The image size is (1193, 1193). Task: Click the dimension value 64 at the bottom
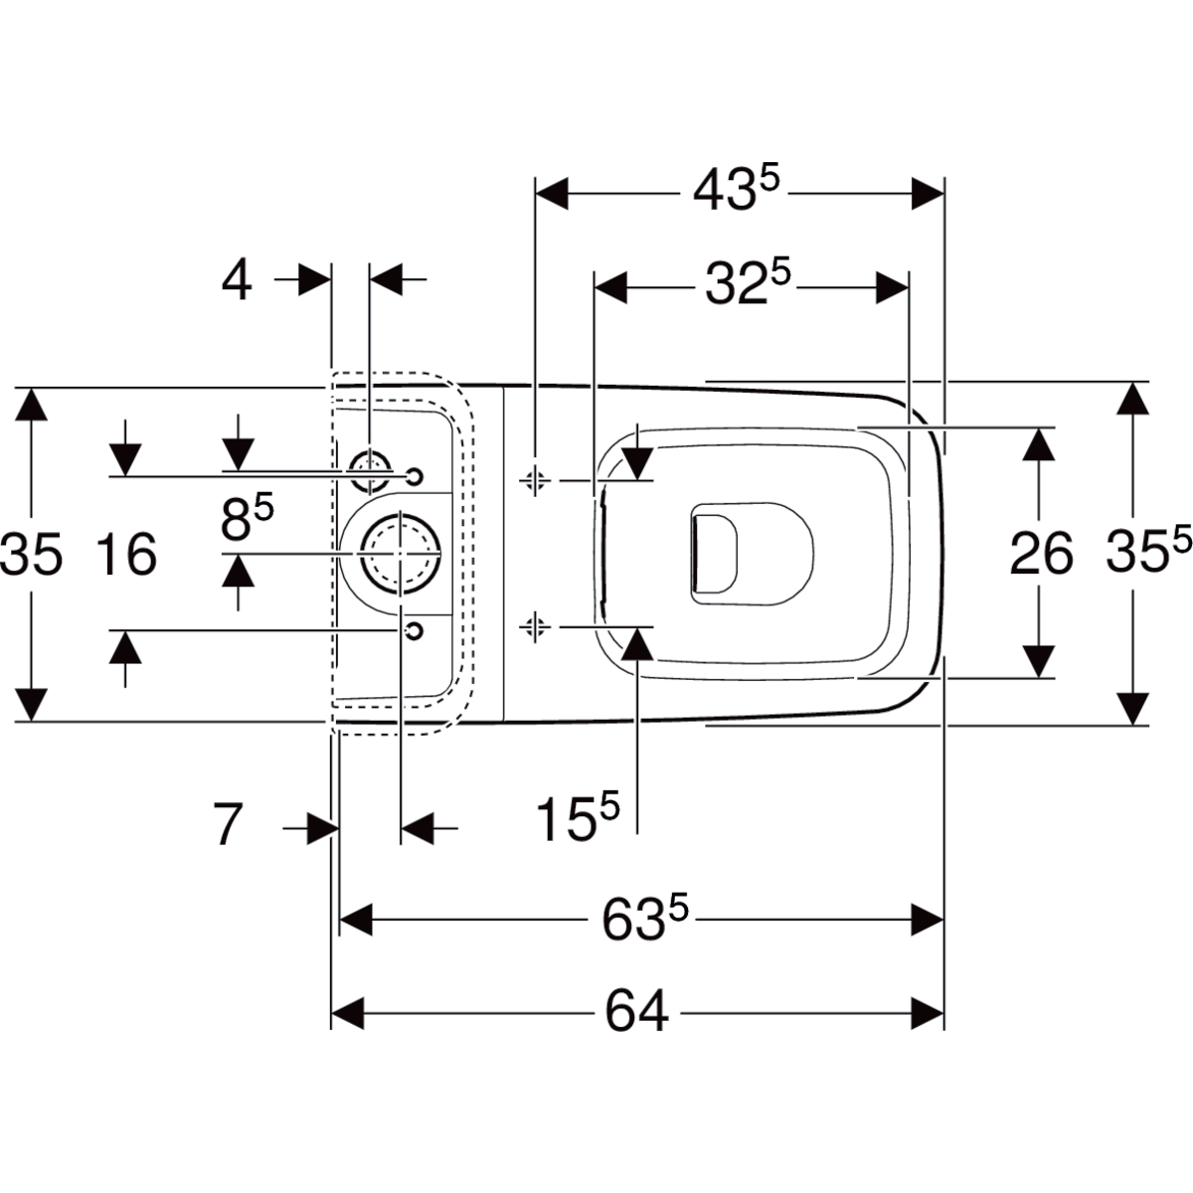tap(636, 1013)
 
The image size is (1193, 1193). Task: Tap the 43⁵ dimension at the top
tap(736, 190)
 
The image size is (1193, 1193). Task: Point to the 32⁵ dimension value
tap(748, 284)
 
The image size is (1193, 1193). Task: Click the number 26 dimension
tap(1041, 554)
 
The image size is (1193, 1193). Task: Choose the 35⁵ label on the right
tap(1149, 549)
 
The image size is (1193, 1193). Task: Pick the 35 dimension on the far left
tap(31, 554)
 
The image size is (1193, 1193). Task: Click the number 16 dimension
tap(127, 554)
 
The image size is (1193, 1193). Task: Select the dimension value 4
tap(238, 279)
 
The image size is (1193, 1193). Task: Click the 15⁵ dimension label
tap(577, 819)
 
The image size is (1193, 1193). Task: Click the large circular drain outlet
tap(401, 554)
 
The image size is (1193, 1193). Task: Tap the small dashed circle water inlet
tap(370, 471)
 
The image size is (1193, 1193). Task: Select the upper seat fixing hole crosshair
tap(535, 479)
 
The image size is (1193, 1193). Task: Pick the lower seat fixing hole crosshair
tap(535, 627)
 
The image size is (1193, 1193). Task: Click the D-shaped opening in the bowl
tap(715, 552)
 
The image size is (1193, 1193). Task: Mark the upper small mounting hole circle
tap(415, 476)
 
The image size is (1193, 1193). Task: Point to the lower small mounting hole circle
tap(415, 630)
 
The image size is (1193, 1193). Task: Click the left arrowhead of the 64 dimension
tap(348, 1013)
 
